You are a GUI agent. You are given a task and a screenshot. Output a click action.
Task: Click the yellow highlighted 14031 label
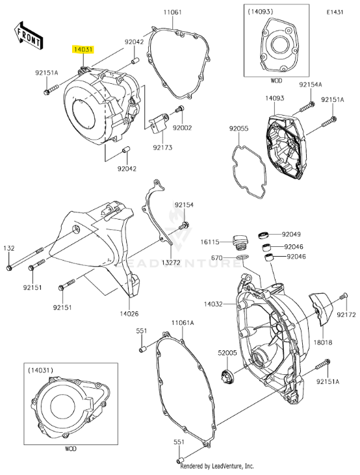click(83, 49)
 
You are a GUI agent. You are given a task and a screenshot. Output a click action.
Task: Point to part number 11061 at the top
click(172, 13)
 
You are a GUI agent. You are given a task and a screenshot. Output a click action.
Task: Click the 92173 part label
click(162, 148)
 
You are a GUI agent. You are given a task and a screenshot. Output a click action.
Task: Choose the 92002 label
click(183, 128)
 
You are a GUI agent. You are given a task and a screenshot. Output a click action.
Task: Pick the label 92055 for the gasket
click(238, 129)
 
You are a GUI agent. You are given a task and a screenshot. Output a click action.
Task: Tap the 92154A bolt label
click(311, 85)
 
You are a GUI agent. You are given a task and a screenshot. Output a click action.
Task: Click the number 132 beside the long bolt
click(9, 248)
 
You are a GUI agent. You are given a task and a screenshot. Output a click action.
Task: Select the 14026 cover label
click(129, 314)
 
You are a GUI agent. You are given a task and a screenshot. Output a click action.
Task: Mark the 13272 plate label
click(171, 263)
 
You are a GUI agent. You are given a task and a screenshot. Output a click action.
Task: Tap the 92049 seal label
click(291, 234)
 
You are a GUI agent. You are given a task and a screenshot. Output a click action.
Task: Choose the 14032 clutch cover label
click(213, 303)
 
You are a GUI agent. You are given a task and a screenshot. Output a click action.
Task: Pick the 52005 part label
click(227, 352)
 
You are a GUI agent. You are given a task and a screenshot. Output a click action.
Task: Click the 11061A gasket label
click(183, 322)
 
